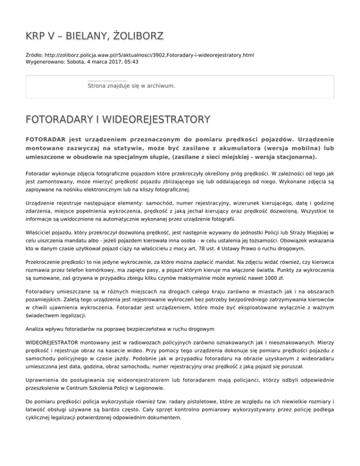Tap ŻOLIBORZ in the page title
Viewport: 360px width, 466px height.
point(132,36)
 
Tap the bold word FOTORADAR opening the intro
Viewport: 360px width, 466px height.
point(45,139)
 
